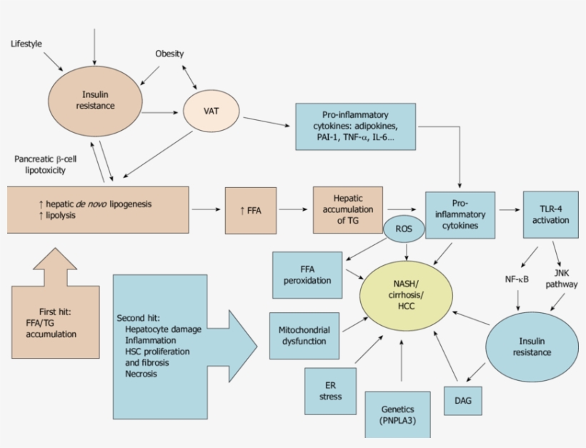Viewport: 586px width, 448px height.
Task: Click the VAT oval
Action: tap(211, 111)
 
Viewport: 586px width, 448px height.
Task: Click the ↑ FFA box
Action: tap(250, 210)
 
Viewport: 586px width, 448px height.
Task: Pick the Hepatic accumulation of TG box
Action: tap(347, 209)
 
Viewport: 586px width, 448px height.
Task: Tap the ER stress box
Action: tap(330, 391)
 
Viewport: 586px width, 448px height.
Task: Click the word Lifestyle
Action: tap(26, 44)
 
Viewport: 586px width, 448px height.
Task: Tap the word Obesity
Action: tap(169, 54)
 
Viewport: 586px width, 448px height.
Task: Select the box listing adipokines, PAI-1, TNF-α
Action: tap(354, 126)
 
